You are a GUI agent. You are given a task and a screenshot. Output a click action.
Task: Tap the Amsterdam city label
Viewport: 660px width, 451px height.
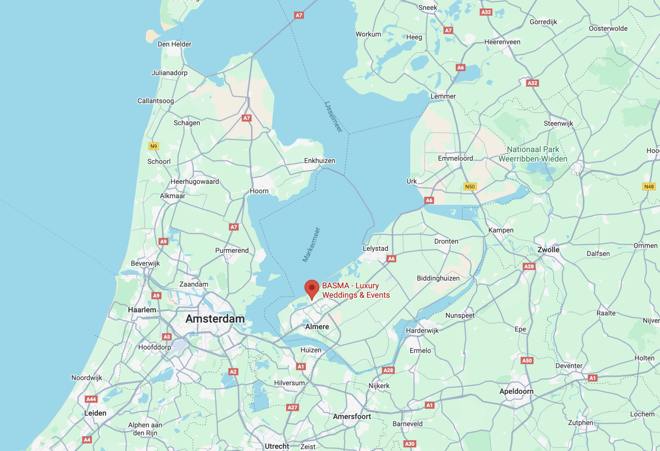coord(215,319)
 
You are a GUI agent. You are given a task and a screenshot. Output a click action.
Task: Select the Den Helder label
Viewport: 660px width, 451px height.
coord(174,44)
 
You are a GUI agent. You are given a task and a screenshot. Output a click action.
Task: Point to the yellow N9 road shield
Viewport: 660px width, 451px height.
coord(154,146)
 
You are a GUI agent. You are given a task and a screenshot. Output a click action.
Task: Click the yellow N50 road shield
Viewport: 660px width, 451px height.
coord(470,187)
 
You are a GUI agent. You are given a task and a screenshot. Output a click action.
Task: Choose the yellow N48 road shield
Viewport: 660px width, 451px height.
coord(649,187)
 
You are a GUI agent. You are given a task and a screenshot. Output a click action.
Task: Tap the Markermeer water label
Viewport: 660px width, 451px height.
coord(311,245)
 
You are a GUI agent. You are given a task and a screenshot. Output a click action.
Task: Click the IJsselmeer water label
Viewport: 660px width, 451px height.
coord(333,116)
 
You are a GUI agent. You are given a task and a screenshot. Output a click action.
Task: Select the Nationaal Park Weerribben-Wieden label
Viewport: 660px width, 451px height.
coord(533,154)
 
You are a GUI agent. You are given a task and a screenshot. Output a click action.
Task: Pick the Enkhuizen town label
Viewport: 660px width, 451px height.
coord(320,161)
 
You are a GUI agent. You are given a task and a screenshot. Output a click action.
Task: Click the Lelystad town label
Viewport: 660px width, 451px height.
coord(375,248)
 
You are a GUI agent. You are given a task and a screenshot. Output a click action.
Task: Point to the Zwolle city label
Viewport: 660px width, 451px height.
coord(548,250)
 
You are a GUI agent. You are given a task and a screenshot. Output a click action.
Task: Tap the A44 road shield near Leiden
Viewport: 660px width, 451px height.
coord(91,399)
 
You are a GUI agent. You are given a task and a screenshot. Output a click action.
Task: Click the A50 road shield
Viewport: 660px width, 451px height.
coord(527,361)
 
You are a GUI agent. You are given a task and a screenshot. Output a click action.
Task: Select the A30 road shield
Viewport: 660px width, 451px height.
coord(410,444)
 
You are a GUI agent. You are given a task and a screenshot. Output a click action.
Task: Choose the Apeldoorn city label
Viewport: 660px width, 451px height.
coord(516,391)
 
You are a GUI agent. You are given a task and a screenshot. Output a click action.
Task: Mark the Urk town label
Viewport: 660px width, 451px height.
coord(412,181)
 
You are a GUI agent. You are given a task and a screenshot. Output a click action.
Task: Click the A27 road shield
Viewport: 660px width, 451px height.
coord(292,407)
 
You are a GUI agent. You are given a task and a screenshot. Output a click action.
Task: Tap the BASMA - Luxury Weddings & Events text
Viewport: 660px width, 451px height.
coord(356,290)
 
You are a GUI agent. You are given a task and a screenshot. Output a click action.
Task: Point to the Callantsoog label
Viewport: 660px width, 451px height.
coord(156,101)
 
